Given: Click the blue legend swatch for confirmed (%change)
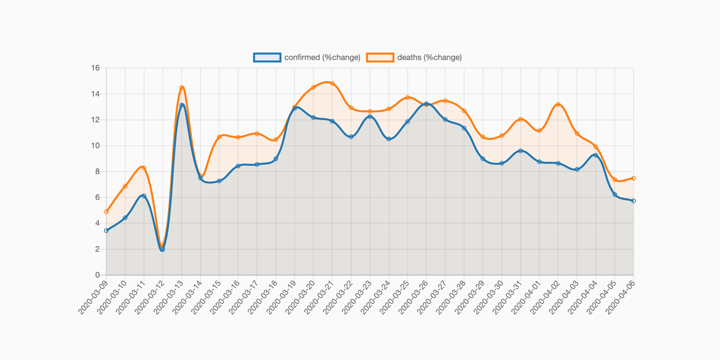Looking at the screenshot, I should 267,57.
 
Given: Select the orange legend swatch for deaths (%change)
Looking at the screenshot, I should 380,57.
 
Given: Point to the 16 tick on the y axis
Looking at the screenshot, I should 95,68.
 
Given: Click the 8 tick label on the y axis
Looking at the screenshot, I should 97,172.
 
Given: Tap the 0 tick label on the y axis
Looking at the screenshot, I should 97,275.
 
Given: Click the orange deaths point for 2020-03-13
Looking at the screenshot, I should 182,88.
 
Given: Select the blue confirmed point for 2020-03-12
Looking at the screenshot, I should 163,249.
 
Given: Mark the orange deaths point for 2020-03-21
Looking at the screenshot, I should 332,83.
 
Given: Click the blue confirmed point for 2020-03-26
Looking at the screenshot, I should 426,104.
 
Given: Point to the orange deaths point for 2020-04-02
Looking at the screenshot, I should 558,105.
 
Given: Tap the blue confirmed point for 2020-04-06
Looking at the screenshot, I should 633,201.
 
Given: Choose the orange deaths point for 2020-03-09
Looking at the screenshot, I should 106,211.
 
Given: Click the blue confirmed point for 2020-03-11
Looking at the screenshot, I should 144,196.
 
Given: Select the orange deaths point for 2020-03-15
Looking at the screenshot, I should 219,137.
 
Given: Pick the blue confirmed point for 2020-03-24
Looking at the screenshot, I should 389,138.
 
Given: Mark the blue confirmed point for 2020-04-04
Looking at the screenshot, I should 596,155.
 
